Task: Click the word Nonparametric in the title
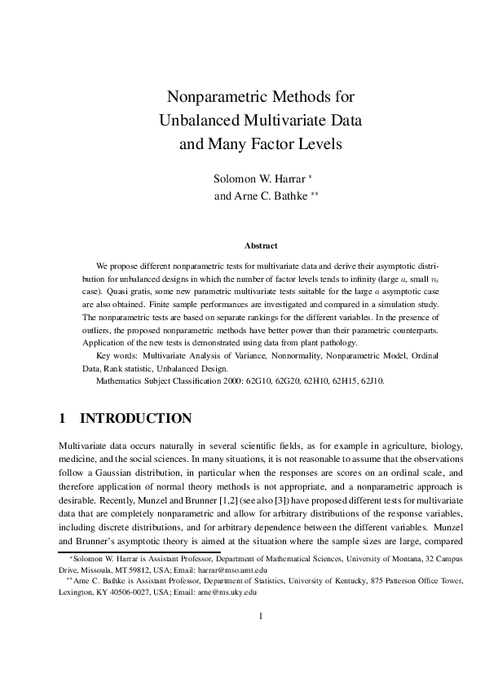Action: [211, 98]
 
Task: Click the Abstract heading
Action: [261, 245]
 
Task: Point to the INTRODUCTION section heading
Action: [135, 419]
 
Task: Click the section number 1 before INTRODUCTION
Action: [62, 419]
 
